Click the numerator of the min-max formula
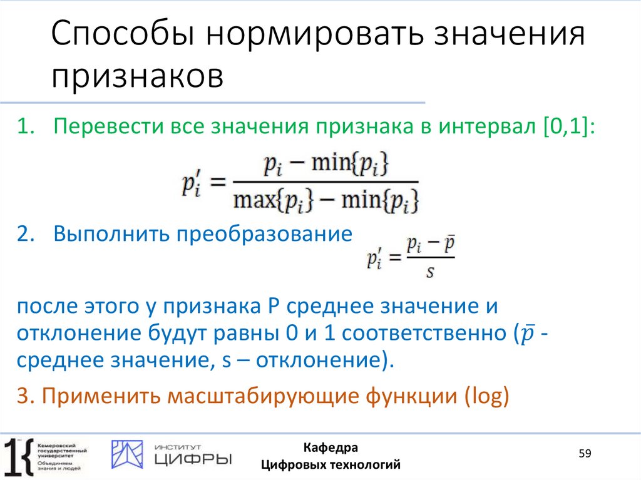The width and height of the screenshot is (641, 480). click(326, 165)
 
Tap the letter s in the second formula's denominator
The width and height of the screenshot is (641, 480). click(430, 272)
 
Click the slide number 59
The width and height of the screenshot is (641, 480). click(585, 453)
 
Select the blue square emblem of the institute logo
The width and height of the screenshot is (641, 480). click(127, 453)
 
